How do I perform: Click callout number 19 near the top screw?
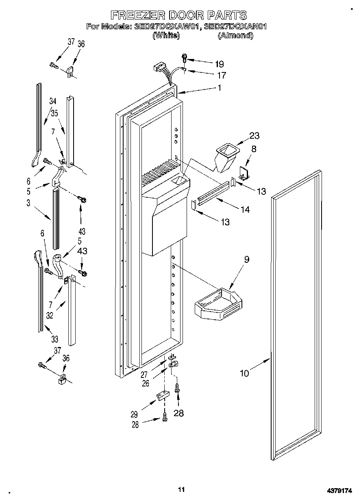pyautogui.click(x=219, y=63)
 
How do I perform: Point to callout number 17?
pyautogui.click(x=222, y=75)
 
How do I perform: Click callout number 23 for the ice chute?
pyautogui.click(x=254, y=136)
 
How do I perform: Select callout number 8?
pyautogui.click(x=254, y=149)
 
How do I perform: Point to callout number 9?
pyautogui.click(x=246, y=259)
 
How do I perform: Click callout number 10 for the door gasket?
pyautogui.click(x=244, y=373)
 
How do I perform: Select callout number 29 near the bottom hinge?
pyautogui.click(x=134, y=415)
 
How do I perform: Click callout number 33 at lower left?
pyautogui.click(x=54, y=339)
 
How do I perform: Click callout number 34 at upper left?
pyautogui.click(x=53, y=101)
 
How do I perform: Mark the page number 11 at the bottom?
pyautogui.click(x=181, y=489)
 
